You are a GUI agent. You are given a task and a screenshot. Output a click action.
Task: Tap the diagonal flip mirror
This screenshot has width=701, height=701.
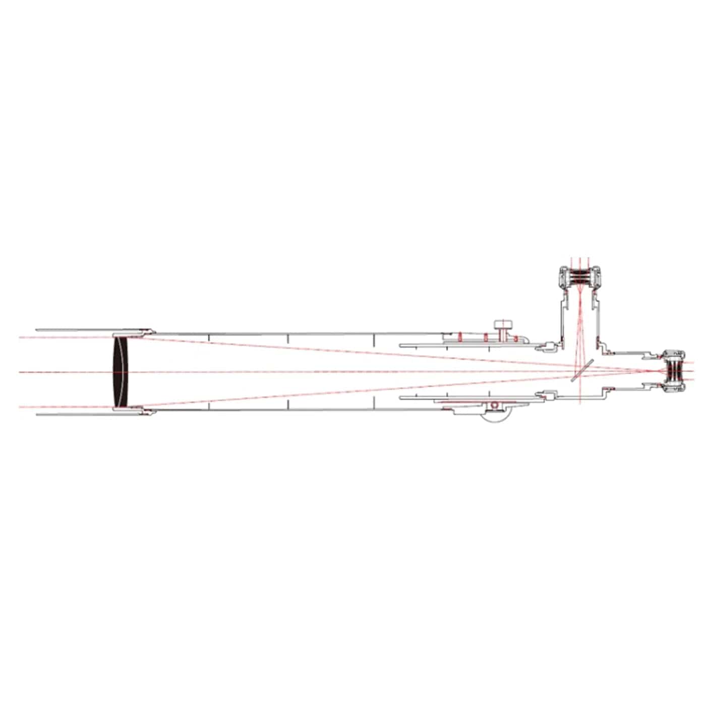coord(581,371)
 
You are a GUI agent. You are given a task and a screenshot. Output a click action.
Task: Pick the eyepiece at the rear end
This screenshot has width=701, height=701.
coord(674,371)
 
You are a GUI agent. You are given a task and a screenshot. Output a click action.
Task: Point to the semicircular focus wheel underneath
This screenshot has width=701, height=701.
coord(495,418)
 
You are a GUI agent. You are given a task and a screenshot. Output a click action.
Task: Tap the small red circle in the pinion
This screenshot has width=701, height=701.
coord(495,405)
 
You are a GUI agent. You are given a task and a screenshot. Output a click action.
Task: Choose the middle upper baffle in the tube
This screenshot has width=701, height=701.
coord(287,337)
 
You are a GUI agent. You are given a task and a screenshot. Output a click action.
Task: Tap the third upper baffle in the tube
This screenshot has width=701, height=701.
coord(374,337)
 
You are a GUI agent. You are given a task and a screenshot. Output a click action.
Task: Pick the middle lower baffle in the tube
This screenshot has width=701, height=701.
coord(287,404)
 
